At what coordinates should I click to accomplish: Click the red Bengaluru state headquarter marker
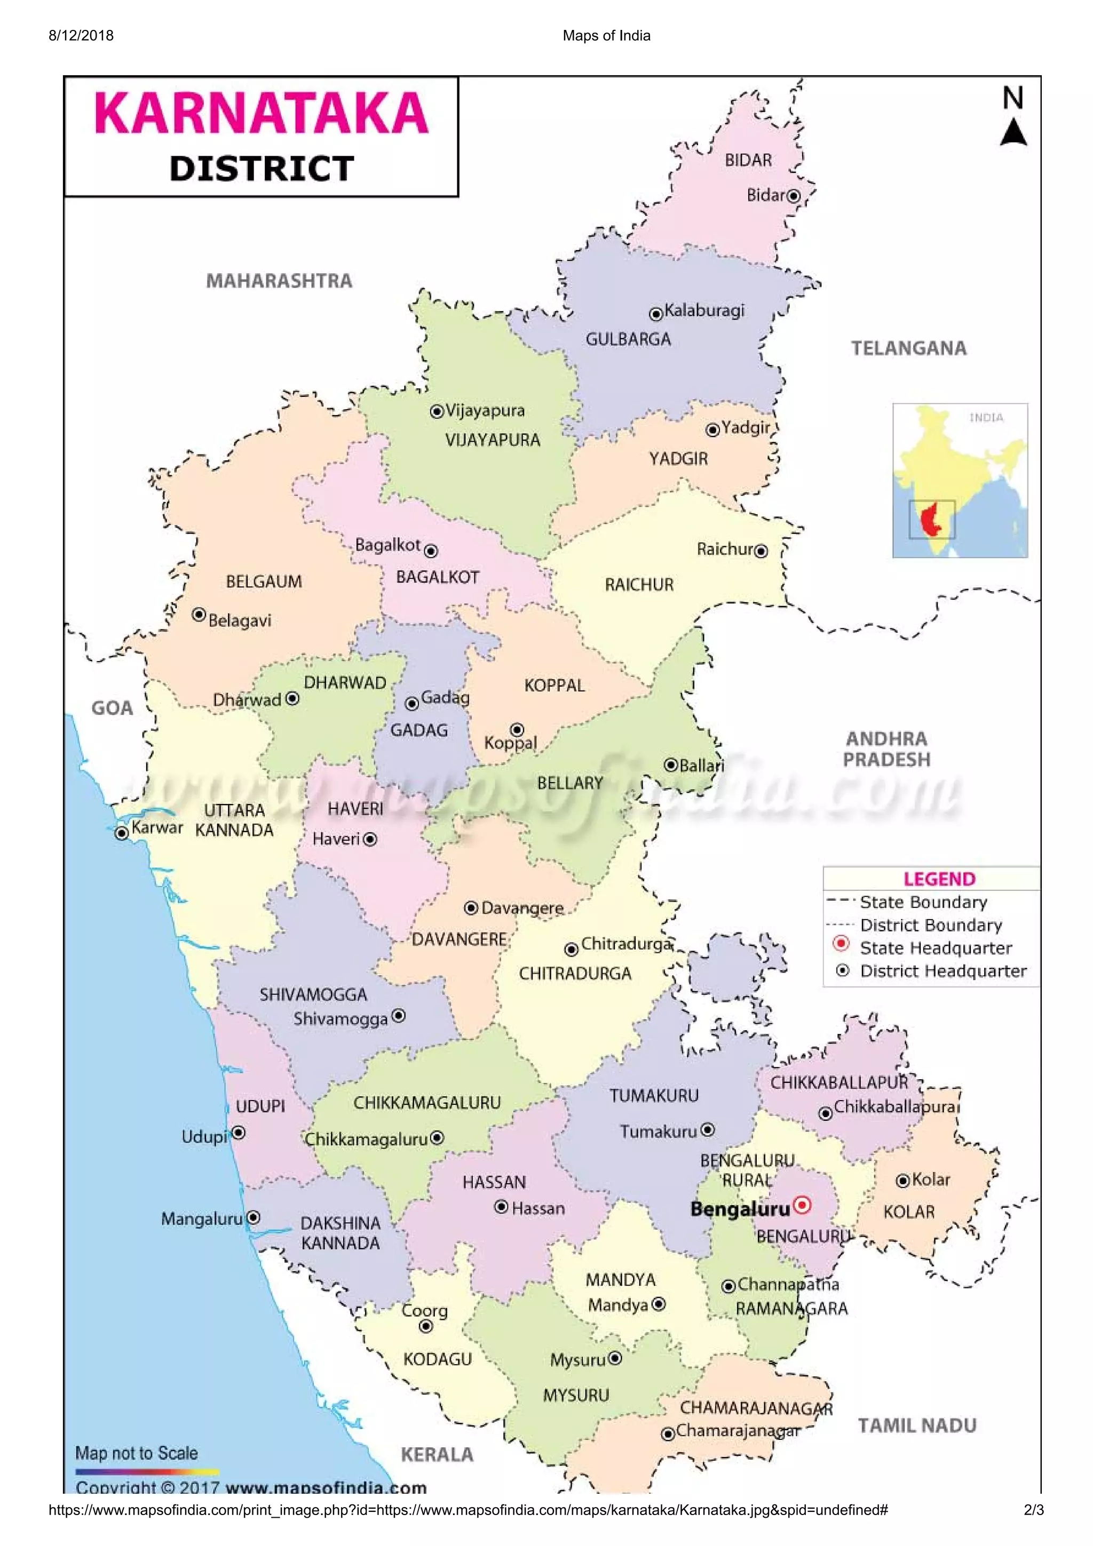click(x=802, y=1205)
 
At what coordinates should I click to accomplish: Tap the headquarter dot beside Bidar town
click(x=794, y=196)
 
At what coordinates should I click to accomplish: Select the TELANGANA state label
click(x=908, y=348)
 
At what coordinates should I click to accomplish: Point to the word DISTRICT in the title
click(x=262, y=169)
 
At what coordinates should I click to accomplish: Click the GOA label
click(x=112, y=708)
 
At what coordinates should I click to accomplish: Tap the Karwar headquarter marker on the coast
click(x=121, y=834)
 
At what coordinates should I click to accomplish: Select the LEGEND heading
click(x=939, y=879)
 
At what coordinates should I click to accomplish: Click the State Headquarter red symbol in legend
click(x=841, y=943)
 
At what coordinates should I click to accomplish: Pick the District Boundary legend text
click(x=931, y=925)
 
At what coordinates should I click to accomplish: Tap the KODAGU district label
click(x=437, y=1359)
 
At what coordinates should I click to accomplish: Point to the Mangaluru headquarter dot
click(x=253, y=1217)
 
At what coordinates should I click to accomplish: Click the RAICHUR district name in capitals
click(x=638, y=585)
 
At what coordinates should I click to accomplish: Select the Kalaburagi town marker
click(x=655, y=314)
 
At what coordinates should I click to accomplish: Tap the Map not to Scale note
click(x=137, y=1453)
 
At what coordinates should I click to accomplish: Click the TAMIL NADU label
click(x=916, y=1425)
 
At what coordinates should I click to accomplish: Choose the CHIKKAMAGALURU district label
click(x=427, y=1103)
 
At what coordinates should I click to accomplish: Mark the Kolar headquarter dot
click(x=903, y=1181)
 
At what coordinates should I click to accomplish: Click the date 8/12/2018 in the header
click(x=81, y=36)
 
